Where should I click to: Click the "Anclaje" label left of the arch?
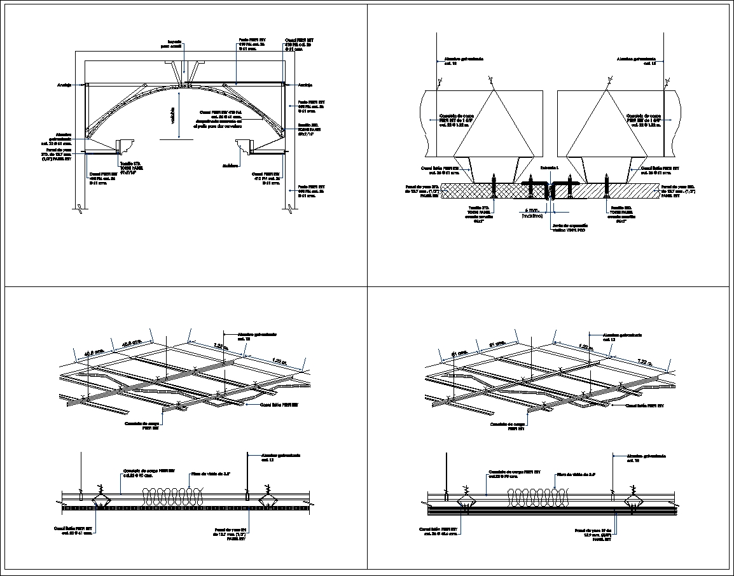[64, 84]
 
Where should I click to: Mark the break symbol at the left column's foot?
[78, 209]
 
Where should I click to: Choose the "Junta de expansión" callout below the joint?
[569, 228]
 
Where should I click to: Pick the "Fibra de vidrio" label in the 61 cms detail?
[576, 474]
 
